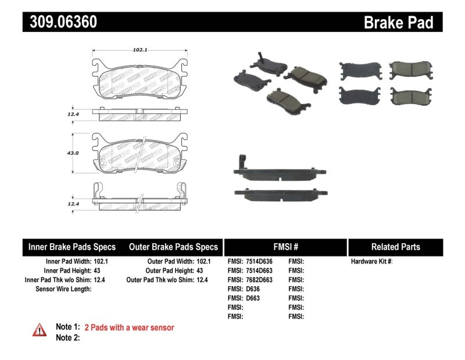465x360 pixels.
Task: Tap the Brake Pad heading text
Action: coord(399,22)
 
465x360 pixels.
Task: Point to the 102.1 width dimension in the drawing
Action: coord(139,50)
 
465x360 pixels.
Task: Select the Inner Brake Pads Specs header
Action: coord(72,247)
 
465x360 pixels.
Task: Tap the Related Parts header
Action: coord(395,247)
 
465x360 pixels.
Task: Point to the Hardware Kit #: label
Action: coord(371,261)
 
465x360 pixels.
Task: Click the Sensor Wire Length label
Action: coord(63,289)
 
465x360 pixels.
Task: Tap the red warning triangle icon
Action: coord(39,329)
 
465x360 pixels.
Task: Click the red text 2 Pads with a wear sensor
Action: coord(129,327)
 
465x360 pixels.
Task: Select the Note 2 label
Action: coord(67,337)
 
